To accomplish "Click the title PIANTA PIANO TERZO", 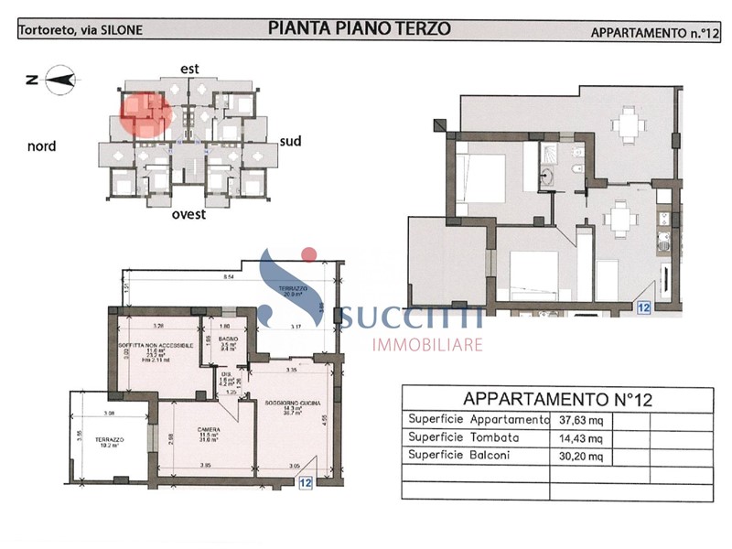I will click(x=360, y=28).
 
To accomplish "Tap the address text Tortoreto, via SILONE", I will click(x=80, y=30).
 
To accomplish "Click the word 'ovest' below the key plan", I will click(x=188, y=215).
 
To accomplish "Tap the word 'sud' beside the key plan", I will click(x=290, y=141).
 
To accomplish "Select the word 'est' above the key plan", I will click(x=190, y=68).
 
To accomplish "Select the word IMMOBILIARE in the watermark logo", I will click(x=426, y=345).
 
